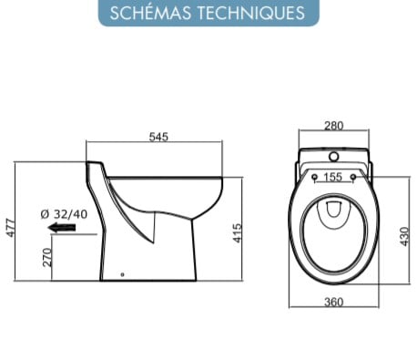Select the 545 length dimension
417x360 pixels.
[x=159, y=137]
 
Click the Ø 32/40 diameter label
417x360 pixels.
[x=63, y=214]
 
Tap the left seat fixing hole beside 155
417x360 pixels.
[x=312, y=178]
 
